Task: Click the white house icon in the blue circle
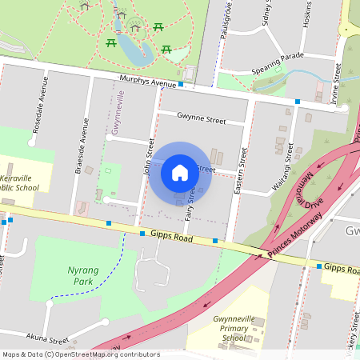coord(180,172)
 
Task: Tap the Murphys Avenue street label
coord(146,82)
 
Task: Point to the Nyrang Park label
coord(84,276)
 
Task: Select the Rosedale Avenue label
coord(37,112)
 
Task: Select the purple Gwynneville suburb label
coord(118,112)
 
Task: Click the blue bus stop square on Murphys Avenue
coord(182,84)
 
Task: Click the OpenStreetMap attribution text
coord(80,354)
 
